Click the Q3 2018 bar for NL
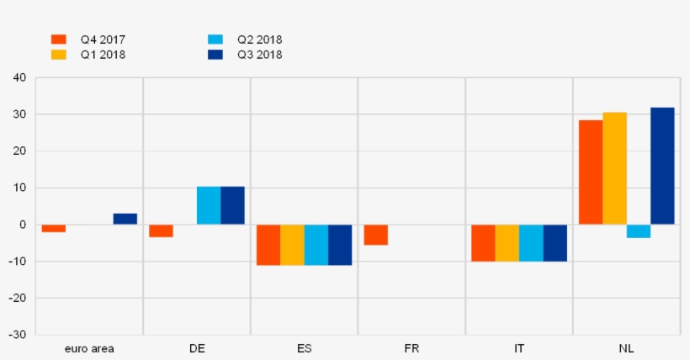click(662, 166)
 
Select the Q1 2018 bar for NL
click(614, 168)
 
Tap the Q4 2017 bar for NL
click(591, 172)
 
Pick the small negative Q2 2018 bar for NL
click(639, 231)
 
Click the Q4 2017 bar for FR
click(375, 235)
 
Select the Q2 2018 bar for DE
click(209, 205)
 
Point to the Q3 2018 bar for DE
click(232, 205)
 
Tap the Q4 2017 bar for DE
click(161, 231)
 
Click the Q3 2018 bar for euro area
click(125, 219)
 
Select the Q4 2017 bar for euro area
click(54, 228)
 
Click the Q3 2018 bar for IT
click(555, 243)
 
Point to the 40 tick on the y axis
click(19, 77)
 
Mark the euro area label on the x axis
click(89, 348)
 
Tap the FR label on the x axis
click(411, 348)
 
